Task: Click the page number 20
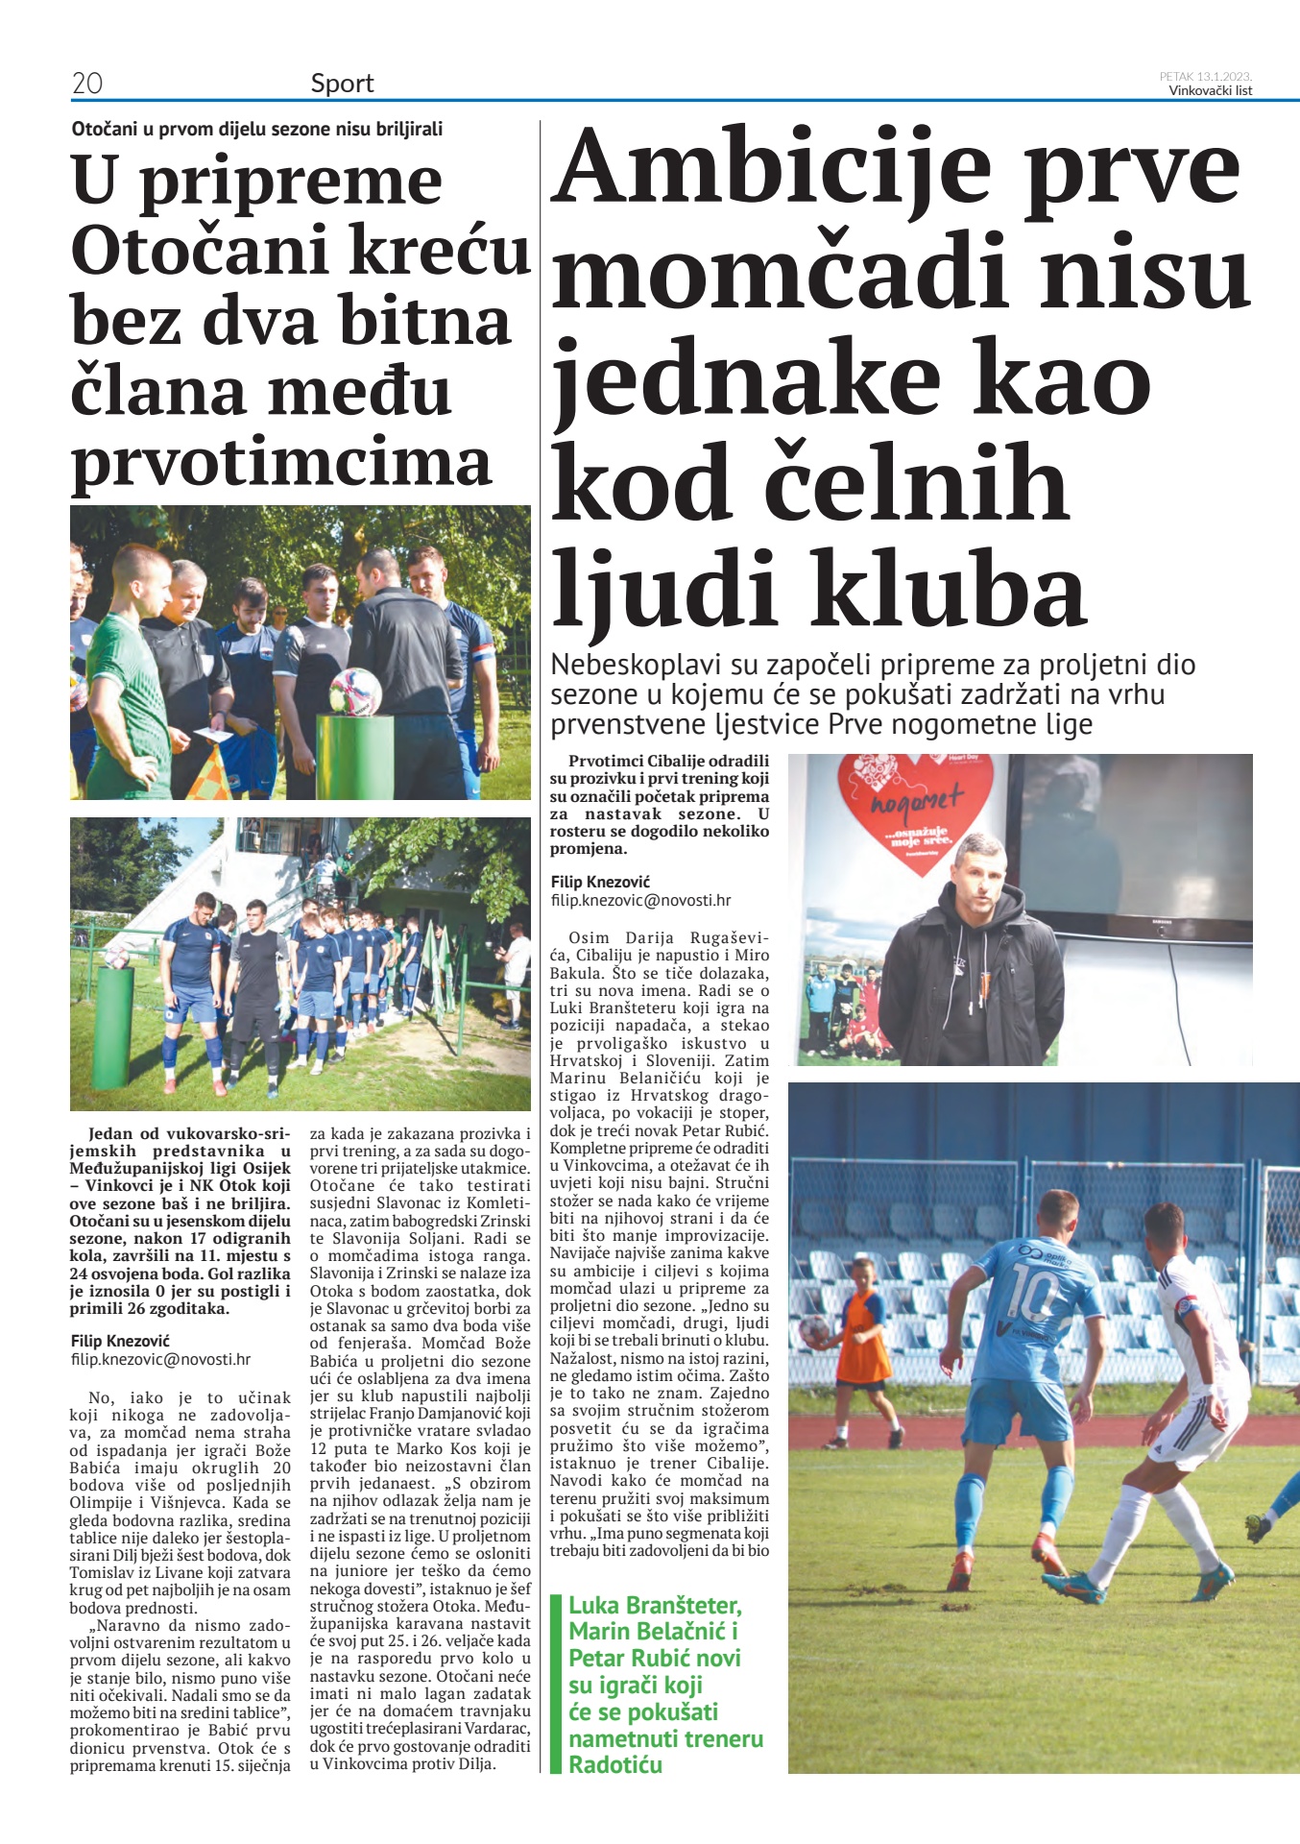pyautogui.click(x=87, y=84)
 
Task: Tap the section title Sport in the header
pyautogui.click(x=342, y=84)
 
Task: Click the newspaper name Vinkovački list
pyautogui.click(x=1210, y=91)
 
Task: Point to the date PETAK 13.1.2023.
pyautogui.click(x=1205, y=76)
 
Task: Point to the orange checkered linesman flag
pyautogui.click(x=210, y=772)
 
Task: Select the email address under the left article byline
pyautogui.click(x=160, y=1359)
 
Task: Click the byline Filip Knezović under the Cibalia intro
pyautogui.click(x=600, y=882)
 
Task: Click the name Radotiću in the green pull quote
pyautogui.click(x=615, y=1764)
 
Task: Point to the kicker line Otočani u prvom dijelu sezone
pyautogui.click(x=257, y=129)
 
